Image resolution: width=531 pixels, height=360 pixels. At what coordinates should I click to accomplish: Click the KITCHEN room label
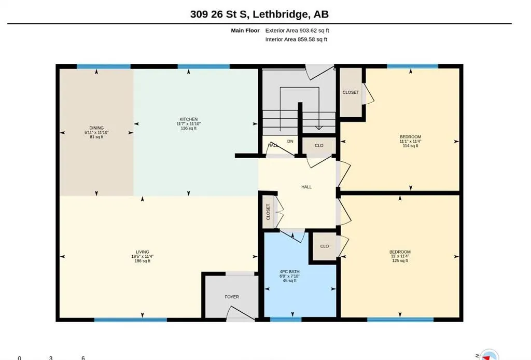click(x=189, y=119)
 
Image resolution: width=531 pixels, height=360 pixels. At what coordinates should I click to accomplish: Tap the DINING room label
click(x=96, y=128)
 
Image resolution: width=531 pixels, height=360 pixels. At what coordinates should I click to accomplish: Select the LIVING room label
click(x=142, y=252)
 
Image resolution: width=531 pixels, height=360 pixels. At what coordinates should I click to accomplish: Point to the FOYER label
click(x=232, y=297)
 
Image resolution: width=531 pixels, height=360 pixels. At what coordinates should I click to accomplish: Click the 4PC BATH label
click(x=289, y=272)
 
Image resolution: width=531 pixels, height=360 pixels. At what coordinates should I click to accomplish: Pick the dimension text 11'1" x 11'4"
click(x=411, y=141)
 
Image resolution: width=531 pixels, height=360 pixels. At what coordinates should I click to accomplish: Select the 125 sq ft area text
click(x=400, y=261)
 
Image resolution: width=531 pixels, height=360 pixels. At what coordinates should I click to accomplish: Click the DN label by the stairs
click(x=290, y=141)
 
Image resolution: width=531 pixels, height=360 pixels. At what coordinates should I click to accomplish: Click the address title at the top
click(x=259, y=14)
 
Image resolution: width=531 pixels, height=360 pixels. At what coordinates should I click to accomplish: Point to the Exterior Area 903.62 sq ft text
click(x=297, y=31)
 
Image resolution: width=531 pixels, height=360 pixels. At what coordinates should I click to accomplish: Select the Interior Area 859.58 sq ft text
click(x=296, y=39)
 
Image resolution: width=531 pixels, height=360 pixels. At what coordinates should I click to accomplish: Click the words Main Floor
click(x=245, y=31)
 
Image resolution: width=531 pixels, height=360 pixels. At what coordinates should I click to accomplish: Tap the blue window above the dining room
click(x=104, y=66)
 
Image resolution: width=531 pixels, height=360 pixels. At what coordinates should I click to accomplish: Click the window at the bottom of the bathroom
click(x=286, y=320)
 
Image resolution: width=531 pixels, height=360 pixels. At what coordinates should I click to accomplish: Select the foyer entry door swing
click(x=241, y=313)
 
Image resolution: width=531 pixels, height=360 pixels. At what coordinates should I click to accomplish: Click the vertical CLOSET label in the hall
click(x=268, y=212)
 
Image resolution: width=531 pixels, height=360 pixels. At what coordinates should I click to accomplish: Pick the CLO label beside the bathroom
click(x=325, y=246)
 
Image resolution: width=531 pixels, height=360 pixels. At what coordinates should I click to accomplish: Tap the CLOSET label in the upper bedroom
click(x=351, y=92)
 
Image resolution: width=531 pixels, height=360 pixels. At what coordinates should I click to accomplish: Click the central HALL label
click(x=306, y=187)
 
